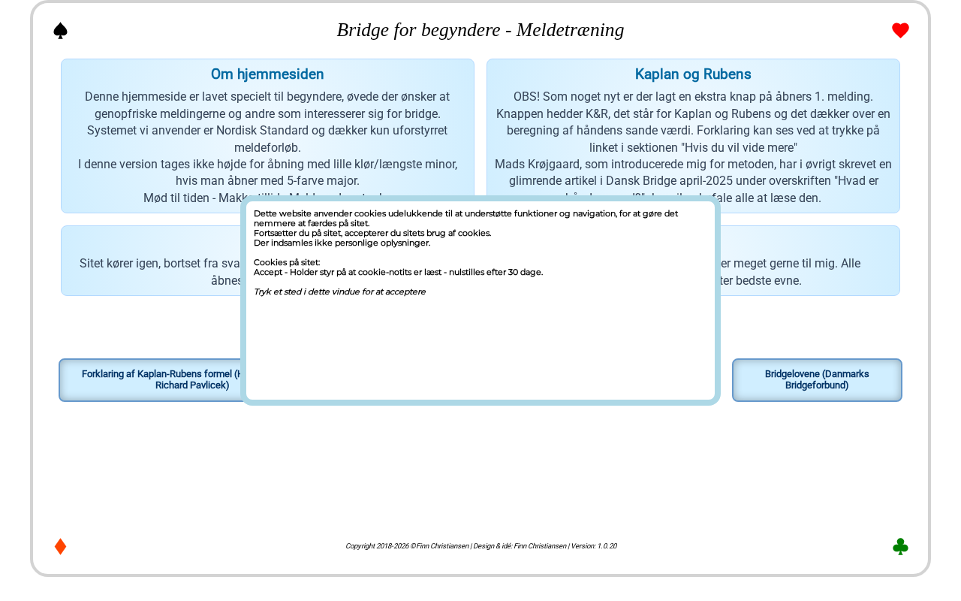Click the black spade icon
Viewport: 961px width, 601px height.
coord(61,30)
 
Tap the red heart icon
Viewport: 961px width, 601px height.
coord(900,30)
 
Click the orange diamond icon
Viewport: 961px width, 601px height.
coord(61,546)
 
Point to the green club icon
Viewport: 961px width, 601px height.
coord(900,546)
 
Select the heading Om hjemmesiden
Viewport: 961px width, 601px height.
coord(267,74)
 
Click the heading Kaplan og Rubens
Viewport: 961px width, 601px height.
coord(693,74)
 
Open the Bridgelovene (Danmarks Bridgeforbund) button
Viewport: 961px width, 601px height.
coord(817,379)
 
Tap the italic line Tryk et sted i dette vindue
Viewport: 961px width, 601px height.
coord(339,291)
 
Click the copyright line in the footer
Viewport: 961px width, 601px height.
coord(480,546)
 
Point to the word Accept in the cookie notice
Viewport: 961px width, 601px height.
coord(268,272)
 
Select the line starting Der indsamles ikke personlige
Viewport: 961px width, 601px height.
coord(342,243)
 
